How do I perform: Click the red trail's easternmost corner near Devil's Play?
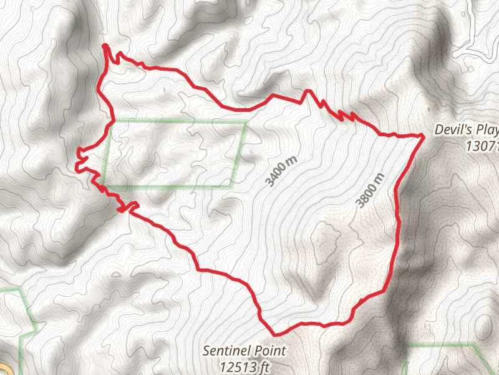(424, 135)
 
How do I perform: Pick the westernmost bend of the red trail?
(76, 166)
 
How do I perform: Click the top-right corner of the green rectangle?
(245, 123)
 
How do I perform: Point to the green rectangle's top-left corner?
(112, 120)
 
